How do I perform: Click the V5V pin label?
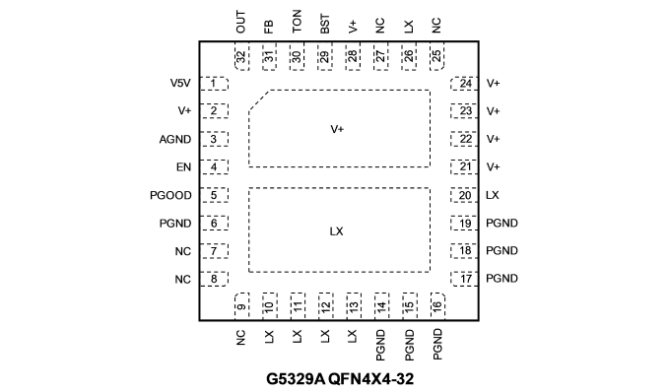[180, 83]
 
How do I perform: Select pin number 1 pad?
[214, 84]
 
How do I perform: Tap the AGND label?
[175, 139]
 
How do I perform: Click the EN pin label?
[183, 167]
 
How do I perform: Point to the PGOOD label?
[170, 195]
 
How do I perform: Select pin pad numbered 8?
[214, 279]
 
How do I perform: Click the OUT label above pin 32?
[240, 22]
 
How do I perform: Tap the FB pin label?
[268, 27]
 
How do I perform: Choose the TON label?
[297, 22]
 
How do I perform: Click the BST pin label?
[324, 24]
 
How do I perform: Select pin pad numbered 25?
[437, 56]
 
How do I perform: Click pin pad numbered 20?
[464, 195]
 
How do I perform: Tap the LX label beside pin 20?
[492, 195]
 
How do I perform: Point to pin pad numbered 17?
[464, 279]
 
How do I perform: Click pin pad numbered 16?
[437, 306]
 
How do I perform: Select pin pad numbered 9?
[241, 306]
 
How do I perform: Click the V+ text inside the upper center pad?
[337, 129]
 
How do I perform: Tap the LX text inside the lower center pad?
[337, 231]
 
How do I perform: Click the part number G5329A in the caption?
[296, 378]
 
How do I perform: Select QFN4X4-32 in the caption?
[371, 378]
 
